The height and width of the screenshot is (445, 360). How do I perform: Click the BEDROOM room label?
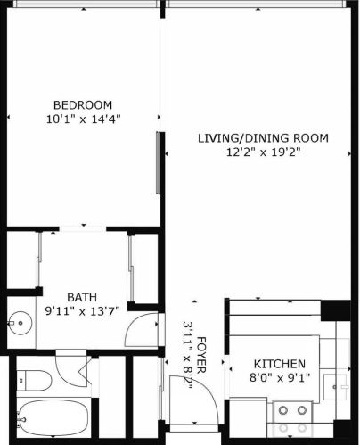coord(83,105)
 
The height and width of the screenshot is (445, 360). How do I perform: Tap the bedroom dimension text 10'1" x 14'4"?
coord(83,119)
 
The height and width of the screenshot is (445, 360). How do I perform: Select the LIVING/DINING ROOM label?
coord(263,138)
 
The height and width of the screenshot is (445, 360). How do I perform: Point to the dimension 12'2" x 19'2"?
coord(264,152)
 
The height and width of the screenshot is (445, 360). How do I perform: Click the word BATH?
coord(82,297)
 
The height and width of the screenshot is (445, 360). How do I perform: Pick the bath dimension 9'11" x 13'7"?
coord(82,311)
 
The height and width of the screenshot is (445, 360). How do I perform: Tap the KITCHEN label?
coord(280,364)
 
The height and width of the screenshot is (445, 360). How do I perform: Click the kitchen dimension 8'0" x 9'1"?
coord(280,378)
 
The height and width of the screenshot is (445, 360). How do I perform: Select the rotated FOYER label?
coord(201,355)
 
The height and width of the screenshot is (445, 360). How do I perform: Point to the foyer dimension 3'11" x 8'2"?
coord(187,355)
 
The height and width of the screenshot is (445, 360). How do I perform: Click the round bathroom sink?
coord(20,323)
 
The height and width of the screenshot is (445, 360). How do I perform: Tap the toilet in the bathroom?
coord(34,381)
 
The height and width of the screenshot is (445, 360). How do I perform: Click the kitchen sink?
coord(335,387)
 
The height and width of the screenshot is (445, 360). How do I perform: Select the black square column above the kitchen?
coord(336,310)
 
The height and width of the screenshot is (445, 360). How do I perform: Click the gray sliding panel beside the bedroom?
coord(159,163)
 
